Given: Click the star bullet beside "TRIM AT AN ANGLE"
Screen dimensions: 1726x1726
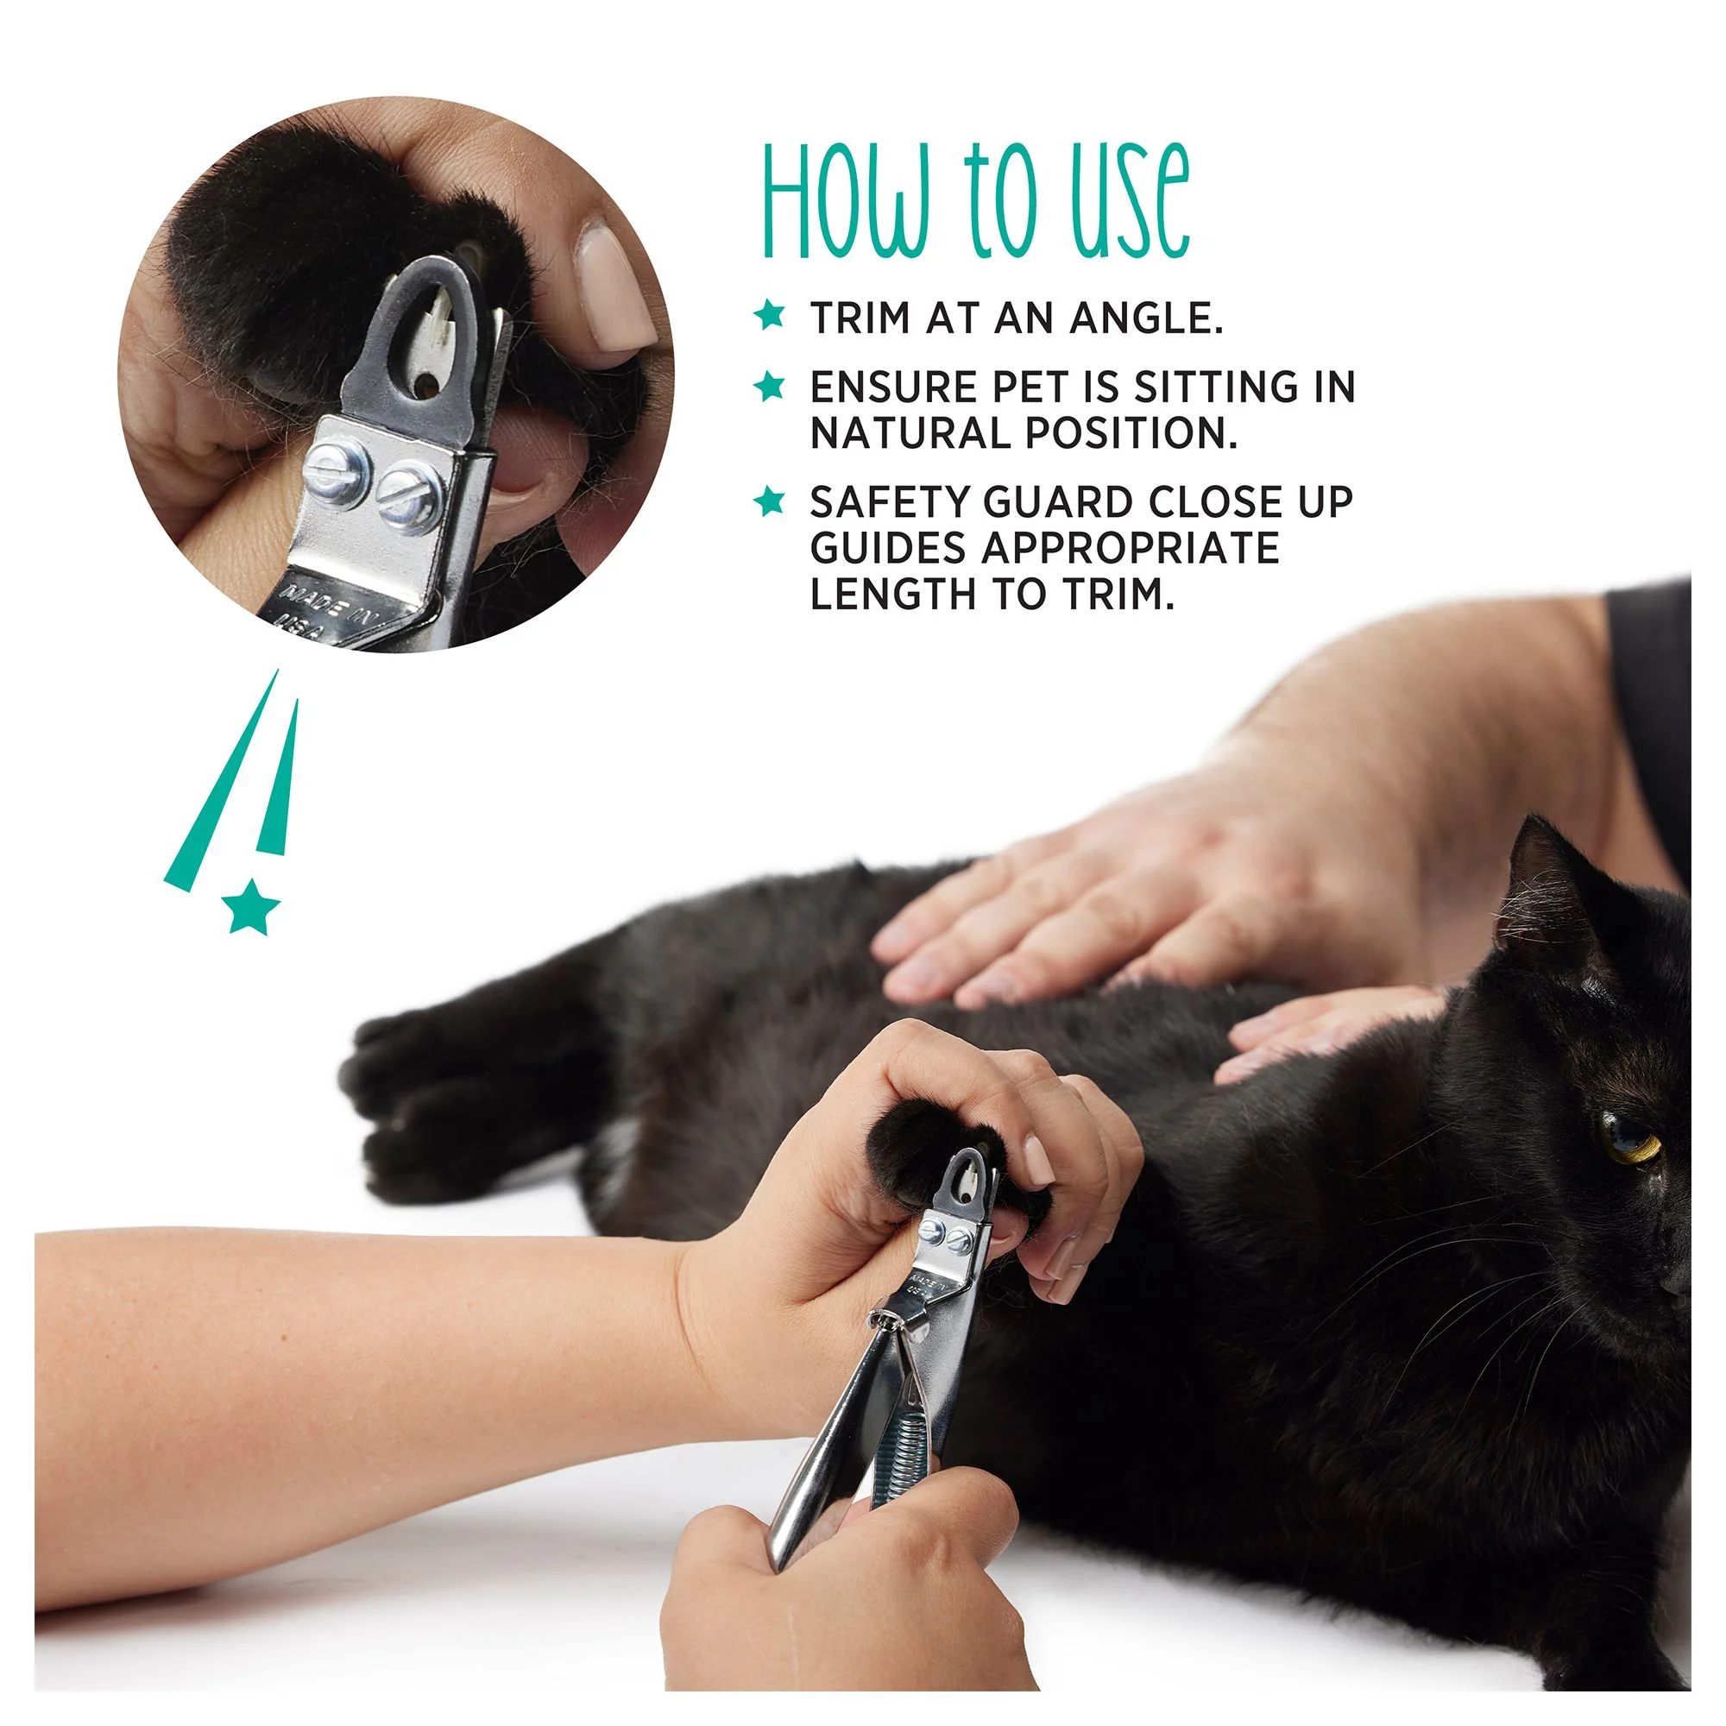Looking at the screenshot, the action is pos(769,314).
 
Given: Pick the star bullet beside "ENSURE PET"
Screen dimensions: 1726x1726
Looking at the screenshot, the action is pos(769,386).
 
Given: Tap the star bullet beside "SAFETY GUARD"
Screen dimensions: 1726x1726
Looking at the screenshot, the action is pos(769,501).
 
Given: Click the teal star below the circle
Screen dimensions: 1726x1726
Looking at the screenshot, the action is pos(251,906).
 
